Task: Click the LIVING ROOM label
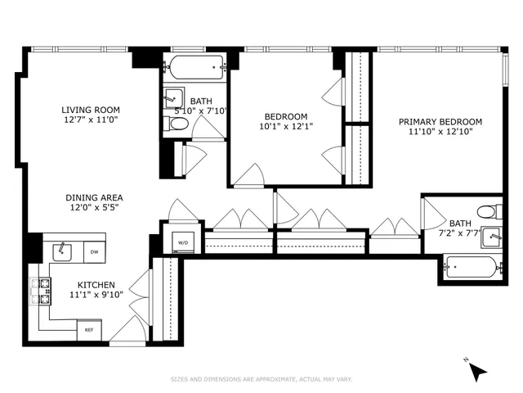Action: pyautogui.click(x=91, y=110)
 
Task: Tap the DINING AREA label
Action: pyautogui.click(x=95, y=197)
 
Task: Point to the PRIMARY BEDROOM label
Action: pyautogui.click(x=440, y=122)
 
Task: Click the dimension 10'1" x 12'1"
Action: pyautogui.click(x=286, y=126)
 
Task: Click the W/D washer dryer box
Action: pyautogui.click(x=181, y=242)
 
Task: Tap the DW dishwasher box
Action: pyautogui.click(x=95, y=252)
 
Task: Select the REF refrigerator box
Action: pyautogui.click(x=89, y=330)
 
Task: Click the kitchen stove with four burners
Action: pyautogui.click(x=40, y=291)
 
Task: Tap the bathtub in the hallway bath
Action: pyautogui.click(x=196, y=66)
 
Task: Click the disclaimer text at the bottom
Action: pyautogui.click(x=261, y=379)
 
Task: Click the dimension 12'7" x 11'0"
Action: pyautogui.click(x=91, y=121)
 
